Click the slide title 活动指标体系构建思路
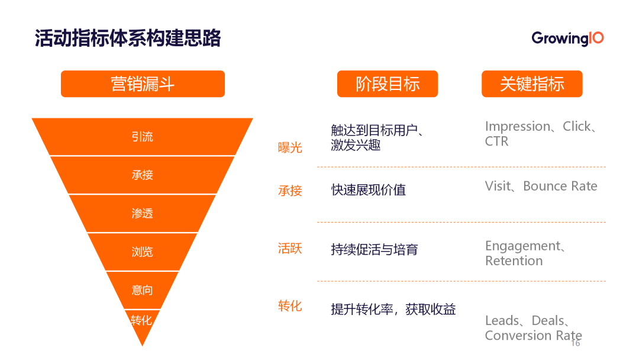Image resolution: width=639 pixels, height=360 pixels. [x=128, y=38]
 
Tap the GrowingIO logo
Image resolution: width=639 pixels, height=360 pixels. [x=567, y=38]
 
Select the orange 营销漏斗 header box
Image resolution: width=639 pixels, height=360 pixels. [x=143, y=84]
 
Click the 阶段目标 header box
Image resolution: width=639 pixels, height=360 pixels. [x=388, y=84]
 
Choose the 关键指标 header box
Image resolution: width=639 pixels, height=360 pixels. [x=532, y=84]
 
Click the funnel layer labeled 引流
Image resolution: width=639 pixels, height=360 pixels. [x=142, y=137]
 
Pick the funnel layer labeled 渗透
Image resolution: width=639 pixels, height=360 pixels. [x=142, y=213]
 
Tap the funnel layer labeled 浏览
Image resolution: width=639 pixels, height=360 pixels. [x=142, y=252]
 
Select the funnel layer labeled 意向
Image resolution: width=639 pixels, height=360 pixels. [x=142, y=290]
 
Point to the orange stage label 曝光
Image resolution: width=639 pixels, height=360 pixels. [x=290, y=147]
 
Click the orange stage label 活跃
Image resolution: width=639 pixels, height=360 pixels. [x=290, y=248]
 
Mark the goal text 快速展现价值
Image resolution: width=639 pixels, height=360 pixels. [x=369, y=190]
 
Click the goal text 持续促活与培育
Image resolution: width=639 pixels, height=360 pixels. [x=375, y=249]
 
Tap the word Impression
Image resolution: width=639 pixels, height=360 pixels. [x=517, y=126]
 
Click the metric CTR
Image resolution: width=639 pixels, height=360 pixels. [x=496, y=142]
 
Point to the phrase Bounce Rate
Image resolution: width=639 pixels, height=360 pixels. [x=560, y=186]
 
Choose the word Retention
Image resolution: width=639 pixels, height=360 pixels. [x=514, y=261]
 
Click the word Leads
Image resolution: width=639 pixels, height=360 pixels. [x=502, y=320]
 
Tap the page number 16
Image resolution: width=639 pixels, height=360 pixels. [x=576, y=343]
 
